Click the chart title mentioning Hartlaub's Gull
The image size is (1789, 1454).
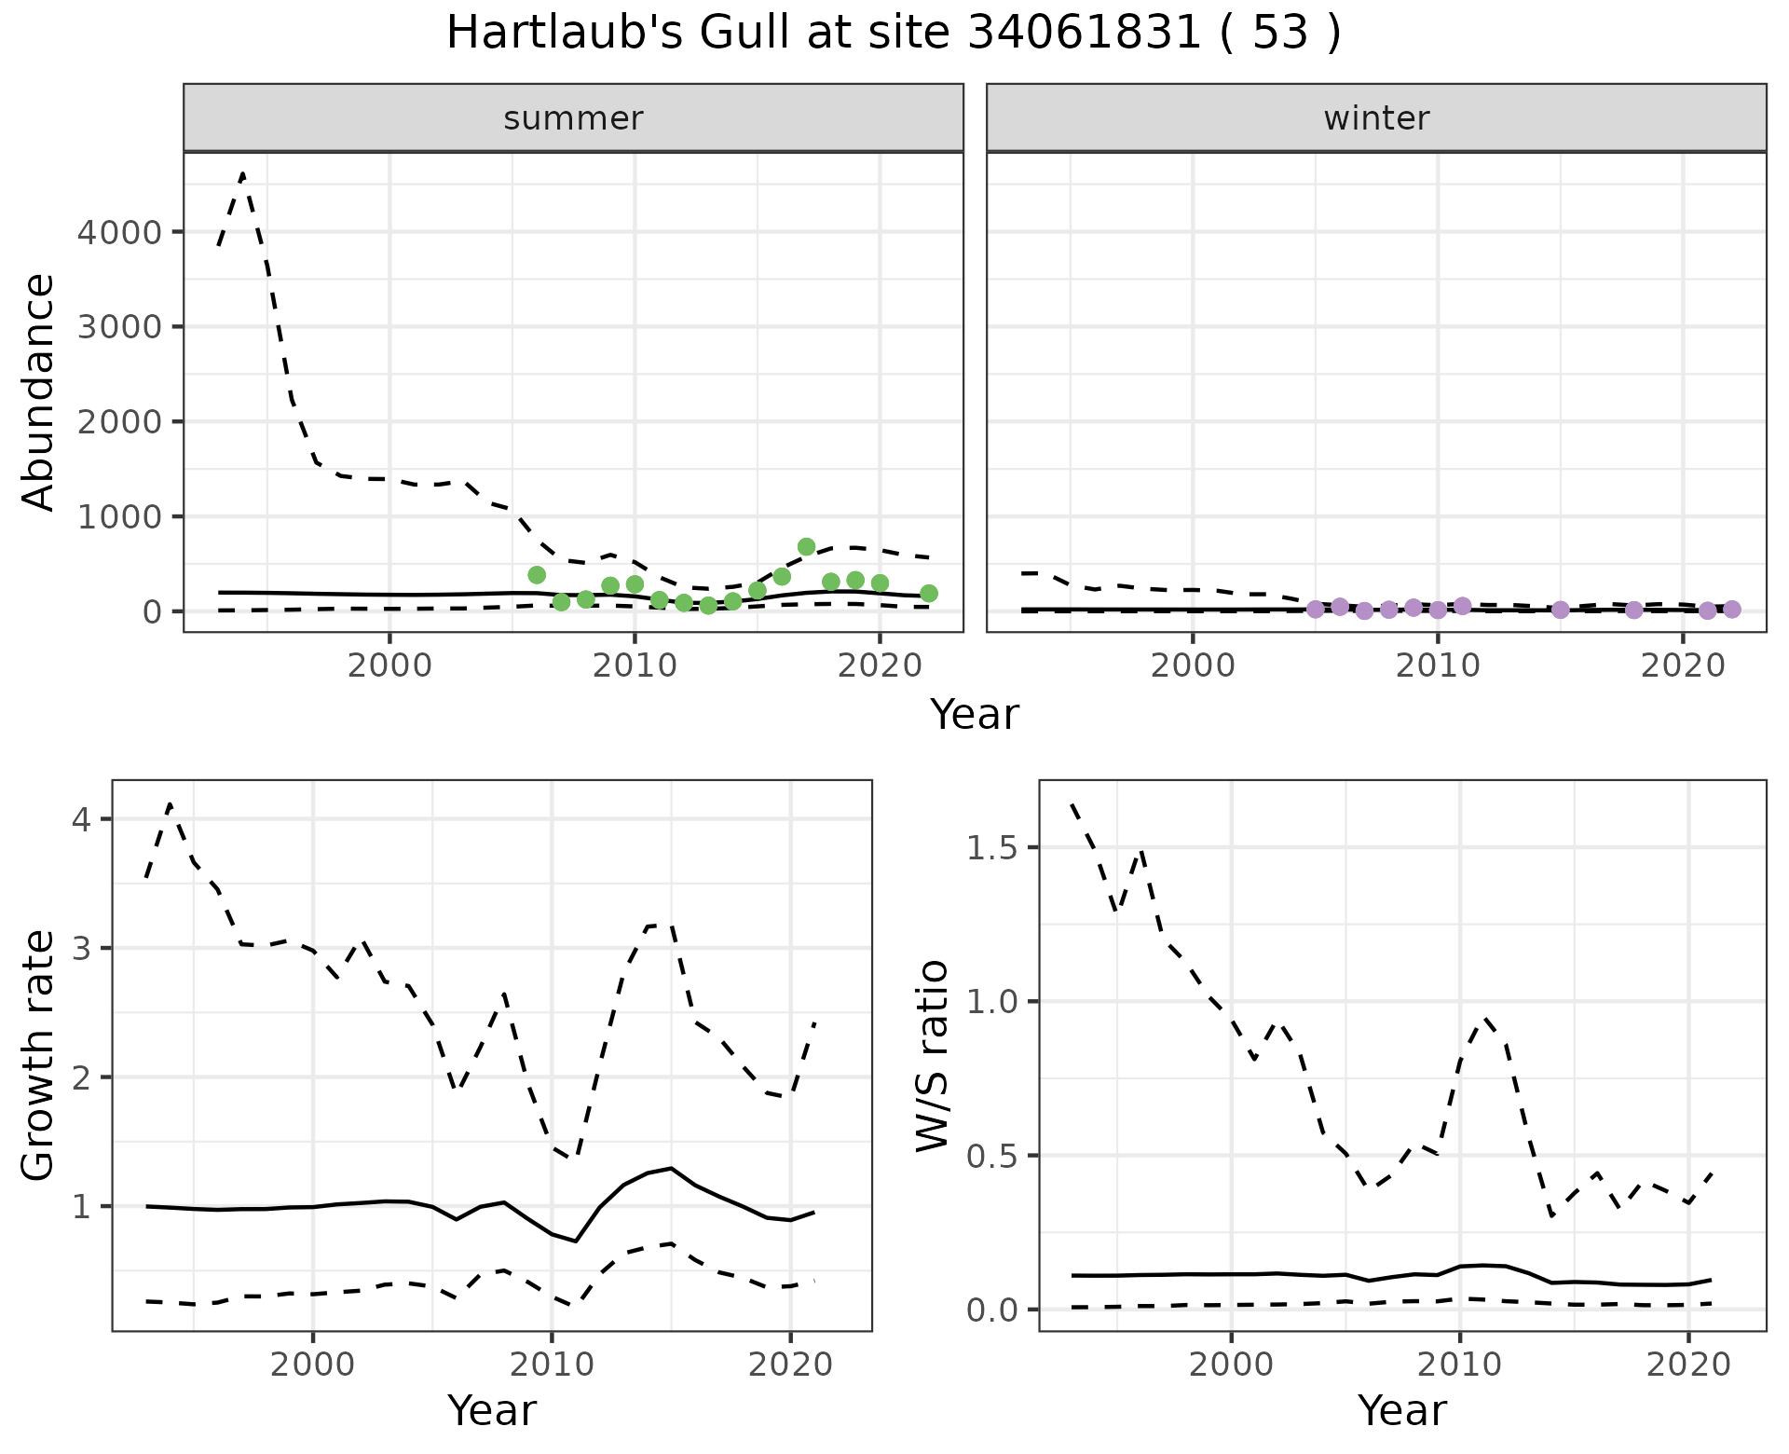pos(894,34)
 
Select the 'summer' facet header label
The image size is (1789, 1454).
pos(573,118)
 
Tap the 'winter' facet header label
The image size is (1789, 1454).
pos(1376,118)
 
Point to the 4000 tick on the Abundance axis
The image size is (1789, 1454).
pos(119,232)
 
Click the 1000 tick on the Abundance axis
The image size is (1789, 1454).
pos(119,516)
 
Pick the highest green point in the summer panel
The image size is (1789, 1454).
pos(807,547)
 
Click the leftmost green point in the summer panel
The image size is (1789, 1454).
pos(537,575)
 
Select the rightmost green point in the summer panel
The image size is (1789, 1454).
pos(929,594)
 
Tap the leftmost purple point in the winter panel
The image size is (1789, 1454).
pos(1316,610)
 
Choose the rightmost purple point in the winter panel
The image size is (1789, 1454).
pos(1732,610)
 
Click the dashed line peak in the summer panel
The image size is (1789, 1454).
pos(243,173)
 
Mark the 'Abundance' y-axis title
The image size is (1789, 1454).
pos(39,391)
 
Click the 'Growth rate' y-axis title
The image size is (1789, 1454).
pos(39,1056)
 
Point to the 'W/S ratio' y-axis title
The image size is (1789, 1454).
pos(932,1056)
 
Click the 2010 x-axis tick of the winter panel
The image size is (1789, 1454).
pos(1438,666)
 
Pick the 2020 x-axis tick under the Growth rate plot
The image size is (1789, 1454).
pos(790,1366)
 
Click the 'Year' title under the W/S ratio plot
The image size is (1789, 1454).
pos(1401,1411)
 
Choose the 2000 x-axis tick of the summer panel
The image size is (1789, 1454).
pos(389,666)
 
